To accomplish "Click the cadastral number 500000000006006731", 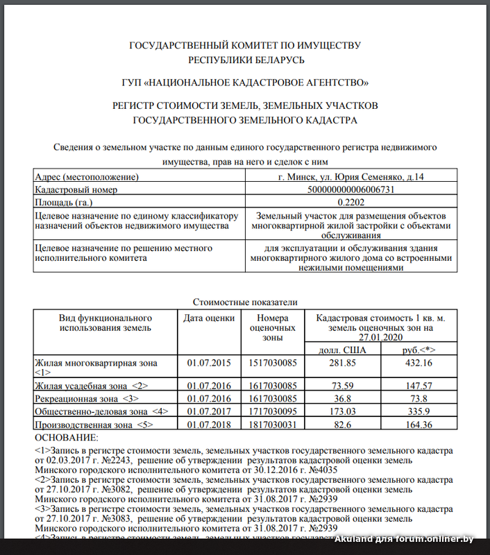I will pos(350,189).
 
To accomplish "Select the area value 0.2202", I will pos(350,202).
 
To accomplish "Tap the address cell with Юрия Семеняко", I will pos(350,177).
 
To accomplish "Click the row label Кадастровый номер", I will pos(76,189).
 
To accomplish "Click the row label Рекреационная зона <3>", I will pos(87,398).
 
